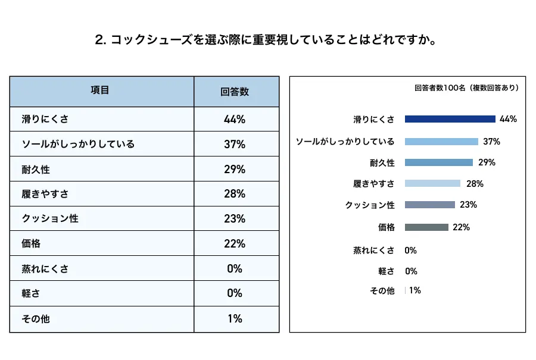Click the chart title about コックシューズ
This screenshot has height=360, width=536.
pyautogui.click(x=267, y=40)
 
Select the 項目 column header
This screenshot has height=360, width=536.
pyautogui.click(x=100, y=91)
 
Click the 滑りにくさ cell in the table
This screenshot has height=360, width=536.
pyautogui.click(x=45, y=119)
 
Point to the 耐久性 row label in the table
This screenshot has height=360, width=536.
pyautogui.click(x=36, y=170)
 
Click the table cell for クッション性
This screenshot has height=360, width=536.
pyautogui.click(x=50, y=219)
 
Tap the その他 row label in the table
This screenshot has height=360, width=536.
pyautogui.click(x=36, y=319)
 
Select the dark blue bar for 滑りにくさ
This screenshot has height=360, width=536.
pyautogui.click(x=450, y=119)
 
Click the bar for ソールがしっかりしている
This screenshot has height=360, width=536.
pyautogui.click(x=441, y=142)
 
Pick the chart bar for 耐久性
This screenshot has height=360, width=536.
pyautogui.click(x=438, y=162)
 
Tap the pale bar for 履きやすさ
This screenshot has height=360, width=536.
pyautogui.click(x=432, y=183)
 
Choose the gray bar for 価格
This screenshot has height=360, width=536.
pyautogui.click(x=426, y=227)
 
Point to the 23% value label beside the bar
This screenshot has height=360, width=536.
pyautogui.click(x=468, y=205)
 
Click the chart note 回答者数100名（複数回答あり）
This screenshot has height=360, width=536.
pyautogui.click(x=466, y=88)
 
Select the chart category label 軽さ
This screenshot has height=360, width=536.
pyautogui.click(x=386, y=271)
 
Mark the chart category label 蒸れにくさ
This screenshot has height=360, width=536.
pyautogui.click(x=374, y=251)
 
